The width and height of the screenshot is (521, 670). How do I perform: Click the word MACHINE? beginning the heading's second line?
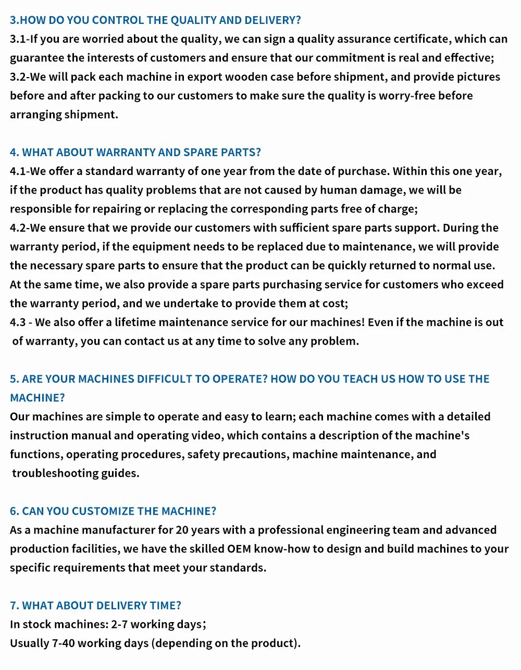[38, 398]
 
